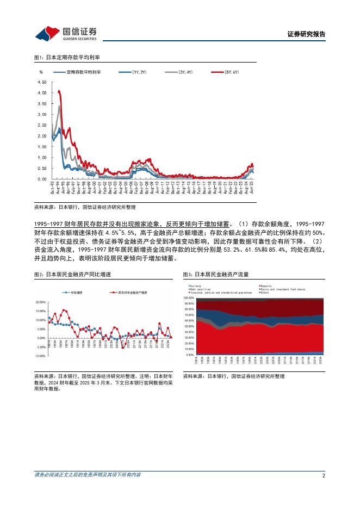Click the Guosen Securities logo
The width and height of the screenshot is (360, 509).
[x=66, y=34]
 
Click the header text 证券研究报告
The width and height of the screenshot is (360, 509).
[x=306, y=34]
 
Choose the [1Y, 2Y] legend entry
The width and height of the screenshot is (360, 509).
[x=139, y=72]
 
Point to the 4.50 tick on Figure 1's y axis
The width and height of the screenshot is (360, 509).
[x=42, y=82]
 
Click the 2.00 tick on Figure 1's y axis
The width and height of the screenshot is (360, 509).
[x=42, y=136]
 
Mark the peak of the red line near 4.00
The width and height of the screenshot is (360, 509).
[x=59, y=91]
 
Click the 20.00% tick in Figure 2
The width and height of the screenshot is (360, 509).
[x=40, y=302]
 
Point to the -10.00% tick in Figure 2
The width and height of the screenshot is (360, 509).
[x=39, y=356]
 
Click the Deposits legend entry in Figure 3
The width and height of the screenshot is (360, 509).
[x=266, y=285]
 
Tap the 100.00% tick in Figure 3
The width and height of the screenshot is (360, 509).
[x=188, y=298]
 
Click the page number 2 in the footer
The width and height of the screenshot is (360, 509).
[x=324, y=475]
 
